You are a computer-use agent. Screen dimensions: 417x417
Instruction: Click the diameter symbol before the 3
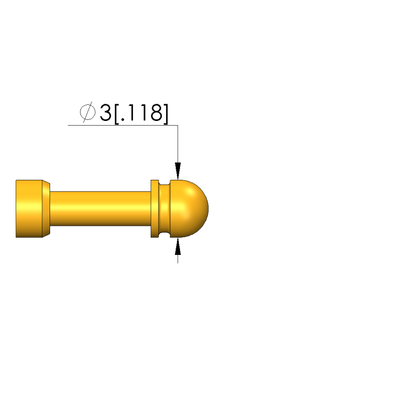coord(87,113)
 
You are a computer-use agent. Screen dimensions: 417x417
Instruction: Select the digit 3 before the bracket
coord(105,113)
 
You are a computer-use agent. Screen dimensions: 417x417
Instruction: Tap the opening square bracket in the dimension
coord(116,114)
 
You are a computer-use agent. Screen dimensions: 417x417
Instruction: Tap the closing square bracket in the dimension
coord(166,114)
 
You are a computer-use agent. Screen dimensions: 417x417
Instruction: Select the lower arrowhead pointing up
coord(178,246)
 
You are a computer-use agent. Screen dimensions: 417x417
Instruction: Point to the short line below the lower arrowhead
coord(178,258)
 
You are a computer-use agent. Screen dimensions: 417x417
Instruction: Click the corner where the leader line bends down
coord(178,126)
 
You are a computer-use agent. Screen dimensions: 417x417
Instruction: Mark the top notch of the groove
coord(165,182)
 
